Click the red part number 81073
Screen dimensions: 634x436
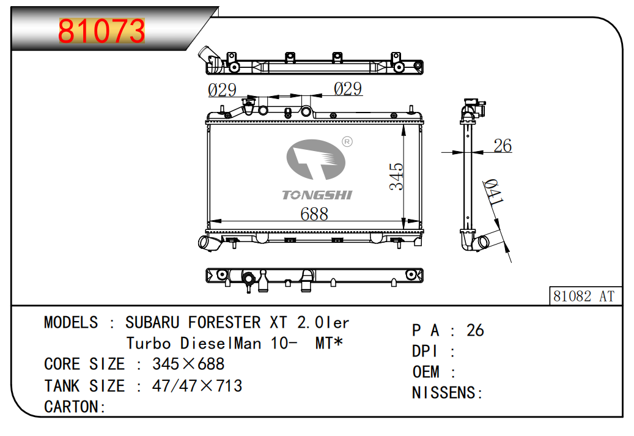pos(101,31)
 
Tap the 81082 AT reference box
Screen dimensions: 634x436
pos(584,296)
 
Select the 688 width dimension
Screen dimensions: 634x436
pos(314,214)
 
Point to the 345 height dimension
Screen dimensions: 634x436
pos(396,176)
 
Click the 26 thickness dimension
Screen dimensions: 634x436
pos(503,146)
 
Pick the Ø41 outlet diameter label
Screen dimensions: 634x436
pos(494,192)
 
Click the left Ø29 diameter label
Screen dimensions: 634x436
pos(222,90)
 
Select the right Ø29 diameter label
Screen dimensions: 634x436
pos(348,89)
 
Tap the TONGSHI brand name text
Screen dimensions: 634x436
pos(317,195)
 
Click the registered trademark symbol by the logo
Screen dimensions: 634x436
pos(347,141)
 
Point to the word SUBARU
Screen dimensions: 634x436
pos(152,322)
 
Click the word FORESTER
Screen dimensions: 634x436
pos(224,322)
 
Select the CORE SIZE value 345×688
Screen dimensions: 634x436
pos(188,364)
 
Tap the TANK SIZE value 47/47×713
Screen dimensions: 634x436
pos(197,386)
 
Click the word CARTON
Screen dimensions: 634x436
pos(71,407)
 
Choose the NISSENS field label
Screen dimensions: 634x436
pos(444,393)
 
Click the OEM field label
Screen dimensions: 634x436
pos(426,372)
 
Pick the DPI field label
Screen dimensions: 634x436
pos(424,351)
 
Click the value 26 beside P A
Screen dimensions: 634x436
pos(475,330)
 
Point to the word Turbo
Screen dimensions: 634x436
pos(149,344)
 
